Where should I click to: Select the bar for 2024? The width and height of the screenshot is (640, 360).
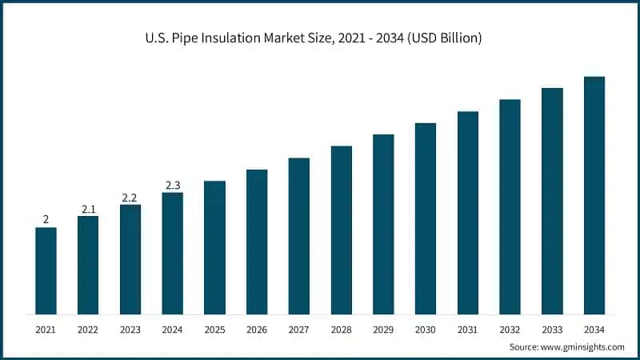172,253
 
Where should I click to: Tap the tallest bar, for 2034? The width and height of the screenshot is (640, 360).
594,195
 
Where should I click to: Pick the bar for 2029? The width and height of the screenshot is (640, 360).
383,224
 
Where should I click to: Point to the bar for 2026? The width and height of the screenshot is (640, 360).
257,242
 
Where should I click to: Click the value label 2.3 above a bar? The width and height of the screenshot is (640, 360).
172,186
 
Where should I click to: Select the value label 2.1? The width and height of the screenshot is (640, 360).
88,209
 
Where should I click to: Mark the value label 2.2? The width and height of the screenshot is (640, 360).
130,198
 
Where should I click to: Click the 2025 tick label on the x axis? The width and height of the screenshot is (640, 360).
214,329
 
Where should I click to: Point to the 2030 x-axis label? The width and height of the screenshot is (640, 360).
426,329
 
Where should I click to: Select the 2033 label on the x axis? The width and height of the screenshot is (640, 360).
552,329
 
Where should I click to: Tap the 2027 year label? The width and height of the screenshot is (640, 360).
298,329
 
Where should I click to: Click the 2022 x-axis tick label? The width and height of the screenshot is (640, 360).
88,329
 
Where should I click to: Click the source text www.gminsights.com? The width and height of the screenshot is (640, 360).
582,347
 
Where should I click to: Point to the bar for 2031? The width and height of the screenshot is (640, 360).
468,213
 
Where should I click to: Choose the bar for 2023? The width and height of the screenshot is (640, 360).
130,259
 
